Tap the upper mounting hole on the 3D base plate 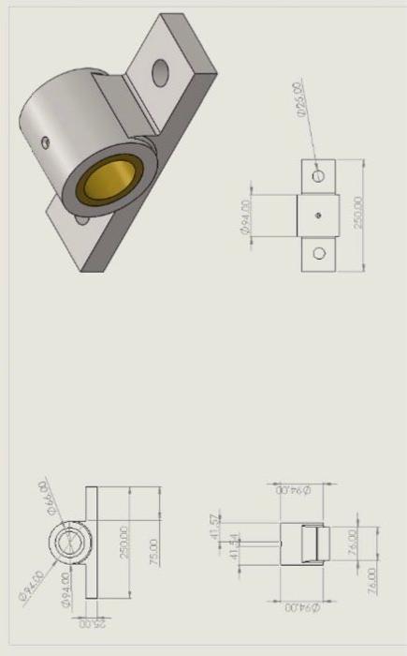159,71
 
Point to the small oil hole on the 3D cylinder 43,142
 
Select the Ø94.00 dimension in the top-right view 246,216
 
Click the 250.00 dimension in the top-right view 358,215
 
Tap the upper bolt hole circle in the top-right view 319,175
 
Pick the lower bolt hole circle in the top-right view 319,253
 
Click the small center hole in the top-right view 319,215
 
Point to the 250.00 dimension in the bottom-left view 124,542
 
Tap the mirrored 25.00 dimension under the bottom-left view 91,622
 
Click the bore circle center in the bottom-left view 68,543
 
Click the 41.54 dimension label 235,545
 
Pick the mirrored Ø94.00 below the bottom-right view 298,608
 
